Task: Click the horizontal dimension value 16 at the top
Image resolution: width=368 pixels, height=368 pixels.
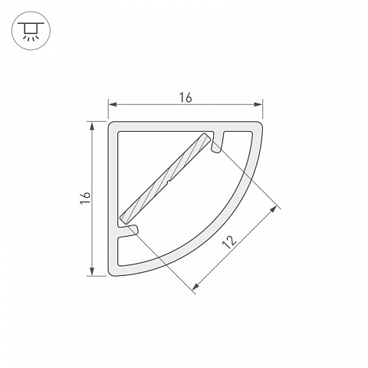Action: [x=186, y=98]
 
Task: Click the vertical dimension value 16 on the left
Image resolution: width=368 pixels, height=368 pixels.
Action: [x=85, y=198]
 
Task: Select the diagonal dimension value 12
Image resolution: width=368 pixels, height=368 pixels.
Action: [x=229, y=242]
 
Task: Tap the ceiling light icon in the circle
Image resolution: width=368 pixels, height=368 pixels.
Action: [x=31, y=31]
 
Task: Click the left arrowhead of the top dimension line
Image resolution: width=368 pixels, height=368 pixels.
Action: [x=113, y=104]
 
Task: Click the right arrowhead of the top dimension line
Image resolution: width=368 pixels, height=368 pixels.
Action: [x=258, y=104]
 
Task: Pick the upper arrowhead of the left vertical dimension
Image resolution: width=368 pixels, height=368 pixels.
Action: [x=92, y=127]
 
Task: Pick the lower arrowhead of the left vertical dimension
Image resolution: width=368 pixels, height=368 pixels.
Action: [x=92, y=271]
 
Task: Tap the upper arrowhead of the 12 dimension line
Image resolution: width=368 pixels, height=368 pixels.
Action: [x=273, y=209]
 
